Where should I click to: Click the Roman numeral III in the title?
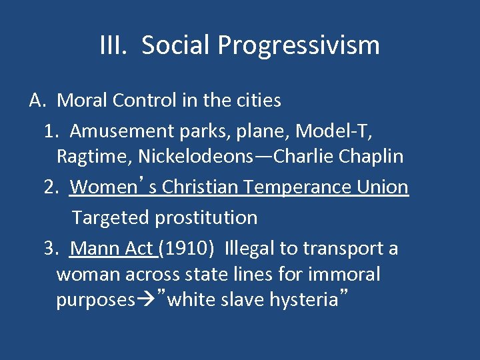[x=114, y=45]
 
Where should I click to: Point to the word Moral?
[x=83, y=101]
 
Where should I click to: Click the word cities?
[x=256, y=101]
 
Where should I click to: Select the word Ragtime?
[x=94, y=157]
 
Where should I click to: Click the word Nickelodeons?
[x=194, y=157]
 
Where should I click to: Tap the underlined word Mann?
[x=93, y=249]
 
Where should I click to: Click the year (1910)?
[x=187, y=249]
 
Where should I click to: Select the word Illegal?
[x=249, y=249]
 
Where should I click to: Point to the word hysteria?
[x=303, y=301]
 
